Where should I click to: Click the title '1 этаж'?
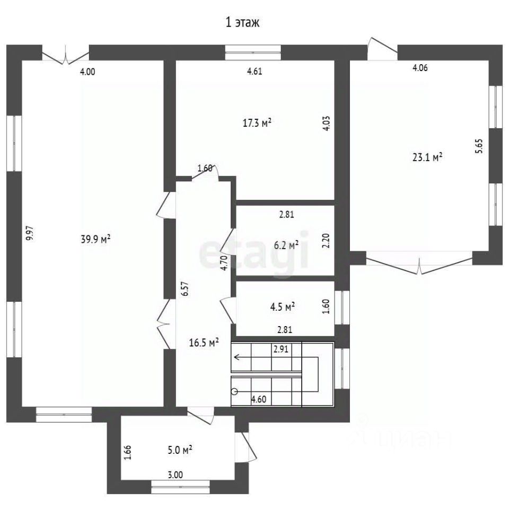(x=242, y=23)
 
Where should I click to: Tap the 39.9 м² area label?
(x=95, y=239)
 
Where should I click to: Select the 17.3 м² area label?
(x=257, y=123)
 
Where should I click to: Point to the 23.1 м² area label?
(x=427, y=157)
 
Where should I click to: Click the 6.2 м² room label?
(x=286, y=245)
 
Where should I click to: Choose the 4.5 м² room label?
(x=283, y=307)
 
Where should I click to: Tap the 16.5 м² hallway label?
(x=204, y=343)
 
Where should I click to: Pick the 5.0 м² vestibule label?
(x=179, y=450)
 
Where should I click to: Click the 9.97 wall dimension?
(x=30, y=233)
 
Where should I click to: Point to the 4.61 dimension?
(x=254, y=72)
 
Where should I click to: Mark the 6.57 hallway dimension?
(x=185, y=288)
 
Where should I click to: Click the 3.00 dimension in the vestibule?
(x=175, y=475)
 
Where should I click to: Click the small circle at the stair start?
(x=234, y=392)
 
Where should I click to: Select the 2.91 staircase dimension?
(x=281, y=349)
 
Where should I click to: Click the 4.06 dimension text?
(x=420, y=68)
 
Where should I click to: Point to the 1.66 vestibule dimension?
(x=128, y=452)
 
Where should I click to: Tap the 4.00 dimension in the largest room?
(x=87, y=72)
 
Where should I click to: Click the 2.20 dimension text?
(x=326, y=241)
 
